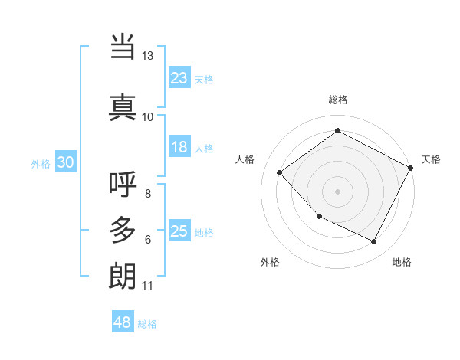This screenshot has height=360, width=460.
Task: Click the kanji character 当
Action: [x=123, y=47]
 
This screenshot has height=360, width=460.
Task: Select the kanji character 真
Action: [x=123, y=107]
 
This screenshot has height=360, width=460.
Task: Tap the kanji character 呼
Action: [x=123, y=185]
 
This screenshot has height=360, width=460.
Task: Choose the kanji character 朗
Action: [x=123, y=276]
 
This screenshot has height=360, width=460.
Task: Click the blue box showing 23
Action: [x=179, y=78]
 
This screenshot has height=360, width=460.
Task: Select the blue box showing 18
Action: [x=179, y=147]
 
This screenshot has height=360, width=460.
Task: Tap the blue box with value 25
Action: [x=179, y=231]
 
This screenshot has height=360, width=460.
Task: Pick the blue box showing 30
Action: [x=65, y=162]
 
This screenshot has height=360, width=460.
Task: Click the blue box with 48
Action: [x=123, y=322]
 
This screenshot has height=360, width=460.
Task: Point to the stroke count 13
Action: [x=147, y=56]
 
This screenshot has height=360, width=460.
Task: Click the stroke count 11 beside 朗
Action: [x=147, y=286]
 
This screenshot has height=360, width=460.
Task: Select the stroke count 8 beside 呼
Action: [x=147, y=193]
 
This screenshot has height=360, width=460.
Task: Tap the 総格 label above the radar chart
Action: [x=337, y=100]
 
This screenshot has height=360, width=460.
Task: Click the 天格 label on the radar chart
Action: [x=431, y=159]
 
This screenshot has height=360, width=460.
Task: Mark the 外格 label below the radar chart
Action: [x=270, y=262]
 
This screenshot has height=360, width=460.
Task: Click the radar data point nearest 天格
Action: [x=411, y=167]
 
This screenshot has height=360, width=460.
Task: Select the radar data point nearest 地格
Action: [x=374, y=242]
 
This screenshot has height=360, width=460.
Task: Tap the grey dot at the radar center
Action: [x=337, y=191]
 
